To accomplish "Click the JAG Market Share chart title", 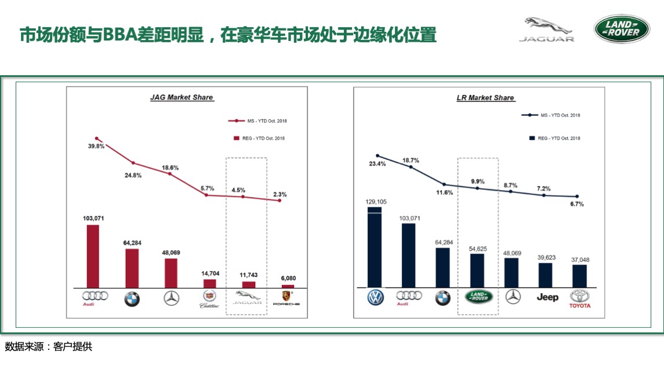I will coord(182,97).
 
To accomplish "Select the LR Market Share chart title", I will coord(485,97).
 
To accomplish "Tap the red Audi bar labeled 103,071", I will coord(93,255).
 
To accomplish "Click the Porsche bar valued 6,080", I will coord(288,286).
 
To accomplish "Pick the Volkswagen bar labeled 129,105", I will coord(375,247).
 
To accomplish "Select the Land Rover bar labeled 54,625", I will coord(477,270).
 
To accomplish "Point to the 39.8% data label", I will coord(96,147).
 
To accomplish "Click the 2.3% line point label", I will coord(280,194).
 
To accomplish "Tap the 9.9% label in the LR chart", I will coord(477,181).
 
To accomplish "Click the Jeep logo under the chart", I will coord(547,297).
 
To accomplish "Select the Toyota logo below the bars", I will coord(579,299).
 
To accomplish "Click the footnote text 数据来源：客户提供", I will coord(49,347).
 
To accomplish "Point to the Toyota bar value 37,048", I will coord(579,259).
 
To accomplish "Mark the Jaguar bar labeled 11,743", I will coord(248,284).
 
